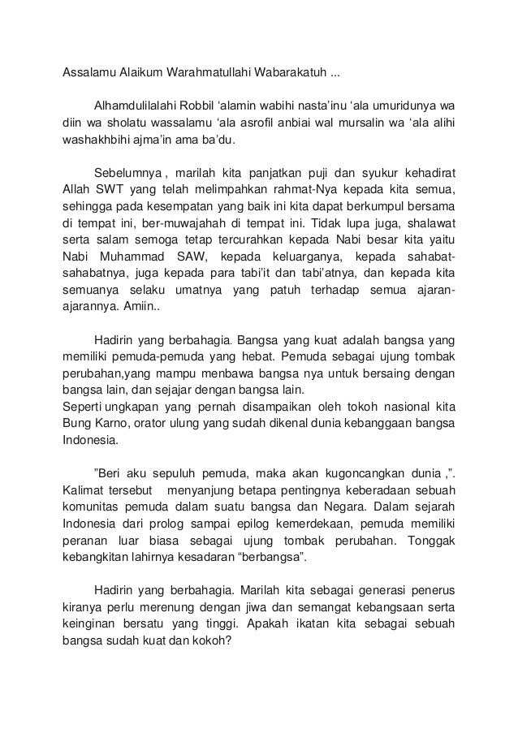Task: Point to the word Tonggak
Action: tap(429, 541)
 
